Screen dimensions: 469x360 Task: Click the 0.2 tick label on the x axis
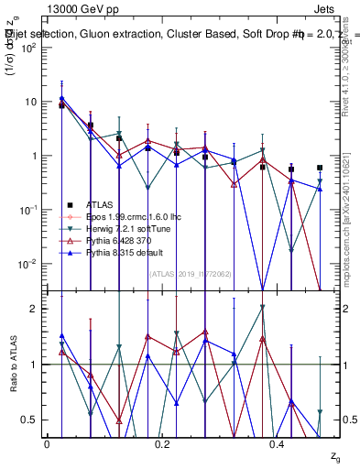[162, 444]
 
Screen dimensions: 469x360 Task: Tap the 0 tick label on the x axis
[47, 444]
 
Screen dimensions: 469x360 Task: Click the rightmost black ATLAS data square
[320, 168]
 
